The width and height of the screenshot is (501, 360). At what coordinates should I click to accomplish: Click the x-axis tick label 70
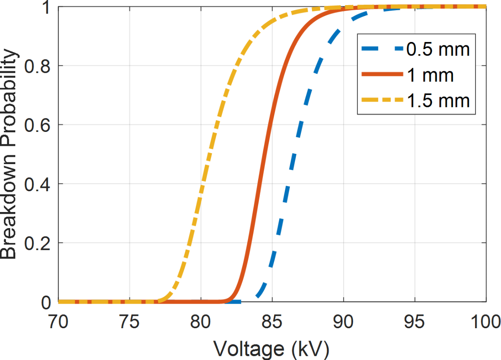click(58, 323)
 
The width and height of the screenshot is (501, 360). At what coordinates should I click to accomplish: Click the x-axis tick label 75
click(129, 323)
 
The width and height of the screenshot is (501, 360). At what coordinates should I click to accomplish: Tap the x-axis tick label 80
click(200, 323)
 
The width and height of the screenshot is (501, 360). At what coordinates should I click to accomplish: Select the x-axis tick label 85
click(272, 323)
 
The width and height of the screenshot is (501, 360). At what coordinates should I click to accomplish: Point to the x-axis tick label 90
click(343, 323)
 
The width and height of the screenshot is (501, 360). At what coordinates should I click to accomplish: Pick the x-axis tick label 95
click(415, 323)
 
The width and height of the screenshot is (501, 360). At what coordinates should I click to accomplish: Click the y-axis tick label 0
click(46, 302)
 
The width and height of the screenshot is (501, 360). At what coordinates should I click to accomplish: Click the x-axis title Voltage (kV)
click(271, 349)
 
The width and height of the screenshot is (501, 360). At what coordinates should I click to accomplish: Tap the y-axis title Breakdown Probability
click(9, 155)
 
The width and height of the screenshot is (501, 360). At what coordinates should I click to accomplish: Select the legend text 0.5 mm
click(438, 49)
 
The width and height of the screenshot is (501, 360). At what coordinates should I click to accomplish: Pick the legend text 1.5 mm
click(438, 101)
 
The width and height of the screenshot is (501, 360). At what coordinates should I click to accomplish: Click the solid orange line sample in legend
click(381, 75)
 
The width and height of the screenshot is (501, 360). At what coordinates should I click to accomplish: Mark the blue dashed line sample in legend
click(381, 49)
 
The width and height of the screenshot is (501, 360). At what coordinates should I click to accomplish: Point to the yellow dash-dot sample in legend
click(381, 101)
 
